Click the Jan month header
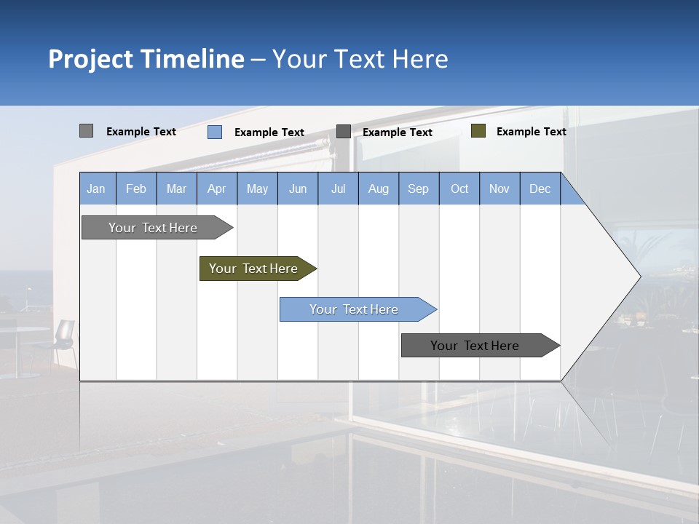pos(97,188)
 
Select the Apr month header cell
pos(217,188)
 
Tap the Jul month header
pos(338,188)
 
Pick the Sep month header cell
pos(419,188)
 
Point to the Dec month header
pos(540,188)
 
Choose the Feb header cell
pos(136,188)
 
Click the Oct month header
pos(459,188)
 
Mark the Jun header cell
pos(298,188)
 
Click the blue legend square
pos(215,132)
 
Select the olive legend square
pos(478,131)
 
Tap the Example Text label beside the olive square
pos(531,132)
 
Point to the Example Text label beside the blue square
pos(269,132)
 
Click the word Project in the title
pos(90,59)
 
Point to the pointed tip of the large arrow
pos(639,277)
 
